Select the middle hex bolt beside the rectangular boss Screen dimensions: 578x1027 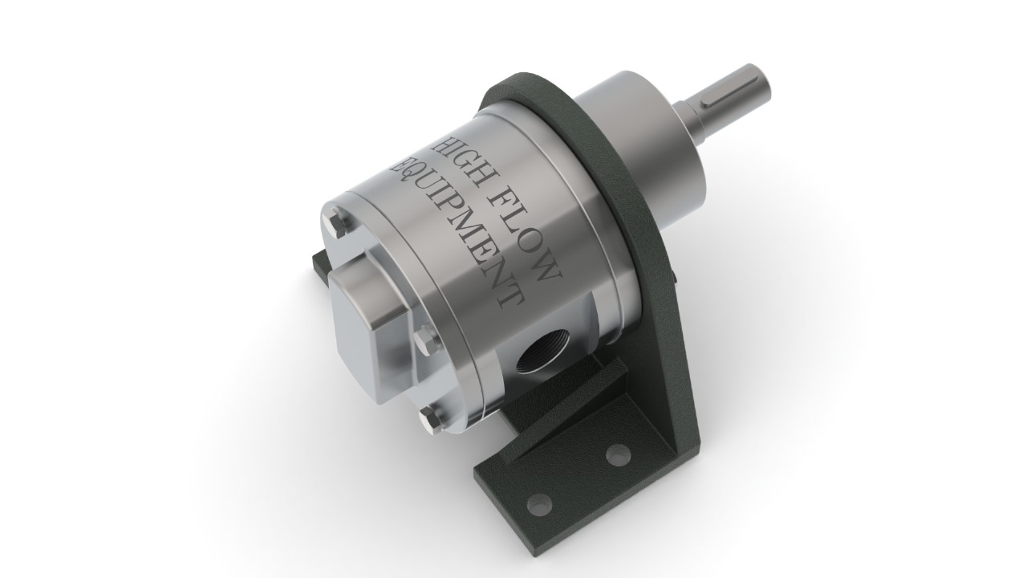coord(426,341)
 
